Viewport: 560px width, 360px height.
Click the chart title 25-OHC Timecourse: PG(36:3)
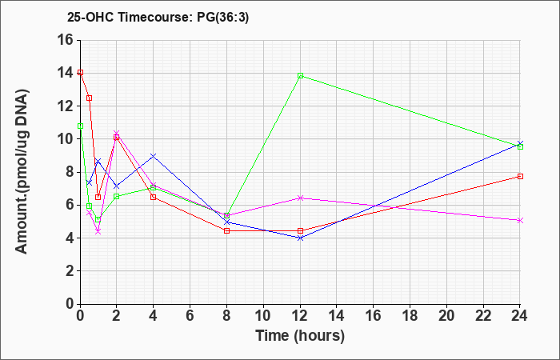[x=158, y=18]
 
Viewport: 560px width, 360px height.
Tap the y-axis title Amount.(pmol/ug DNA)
[x=22, y=171]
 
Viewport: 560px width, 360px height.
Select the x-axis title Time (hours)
[x=300, y=336]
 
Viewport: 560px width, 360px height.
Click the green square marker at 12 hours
[x=300, y=76]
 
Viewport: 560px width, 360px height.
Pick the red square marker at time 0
[x=80, y=72]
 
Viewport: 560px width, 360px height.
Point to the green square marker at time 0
[x=80, y=126]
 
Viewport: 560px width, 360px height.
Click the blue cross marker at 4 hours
[x=154, y=156]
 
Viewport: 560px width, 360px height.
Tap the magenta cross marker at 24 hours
[x=520, y=220]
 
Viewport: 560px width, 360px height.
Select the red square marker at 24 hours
[x=520, y=177]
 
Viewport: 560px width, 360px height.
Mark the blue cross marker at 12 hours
[x=300, y=238]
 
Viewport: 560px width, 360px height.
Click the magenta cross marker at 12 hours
[x=300, y=198]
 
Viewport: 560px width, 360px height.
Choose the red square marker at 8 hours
[x=226, y=230]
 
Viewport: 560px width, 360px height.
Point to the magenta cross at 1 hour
[x=98, y=232]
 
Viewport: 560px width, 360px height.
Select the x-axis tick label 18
[x=410, y=316]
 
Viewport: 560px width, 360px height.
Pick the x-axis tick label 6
[x=190, y=316]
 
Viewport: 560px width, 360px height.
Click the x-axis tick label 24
[x=519, y=316]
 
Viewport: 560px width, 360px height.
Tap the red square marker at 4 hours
[x=154, y=197]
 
